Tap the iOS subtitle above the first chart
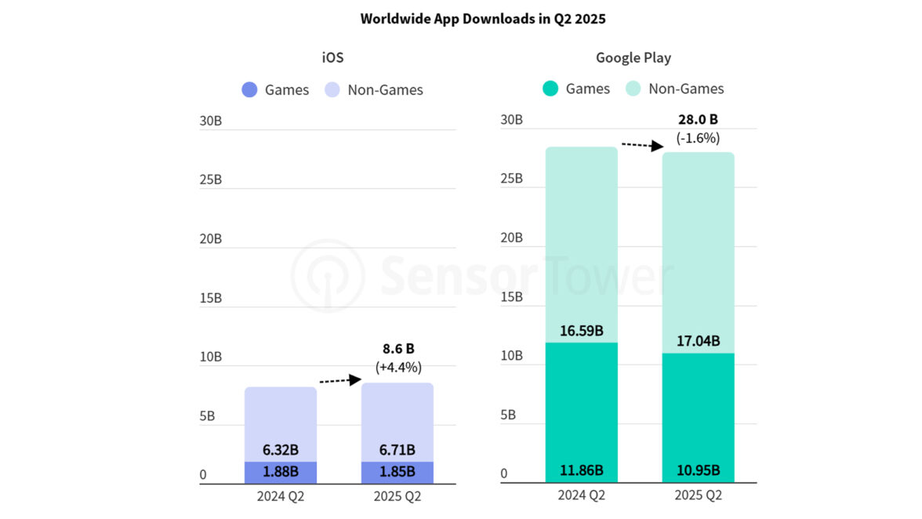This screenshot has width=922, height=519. pyautogui.click(x=332, y=57)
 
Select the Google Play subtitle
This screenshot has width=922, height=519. pyautogui.click(x=633, y=57)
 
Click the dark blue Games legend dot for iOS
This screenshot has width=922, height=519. pyautogui.click(x=249, y=89)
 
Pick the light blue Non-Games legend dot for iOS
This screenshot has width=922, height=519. pyautogui.click(x=332, y=89)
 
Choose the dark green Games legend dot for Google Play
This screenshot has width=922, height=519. pyautogui.click(x=550, y=89)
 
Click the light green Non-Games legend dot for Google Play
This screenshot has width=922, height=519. pyautogui.click(x=633, y=89)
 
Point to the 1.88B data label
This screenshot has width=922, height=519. pyautogui.click(x=280, y=471)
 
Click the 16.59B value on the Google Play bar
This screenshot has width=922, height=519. pyautogui.click(x=581, y=330)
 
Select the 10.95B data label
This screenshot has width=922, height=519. pyautogui.click(x=698, y=470)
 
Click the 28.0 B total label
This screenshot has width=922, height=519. pyautogui.click(x=698, y=120)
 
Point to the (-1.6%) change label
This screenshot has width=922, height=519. pyautogui.click(x=698, y=138)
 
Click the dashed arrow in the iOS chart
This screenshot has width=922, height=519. pyautogui.click(x=339, y=381)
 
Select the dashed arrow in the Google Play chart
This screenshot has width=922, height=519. pyautogui.click(x=642, y=145)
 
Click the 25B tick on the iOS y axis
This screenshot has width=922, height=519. pyautogui.click(x=211, y=179)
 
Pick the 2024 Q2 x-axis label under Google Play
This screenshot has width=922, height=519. pyautogui.click(x=581, y=495)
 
